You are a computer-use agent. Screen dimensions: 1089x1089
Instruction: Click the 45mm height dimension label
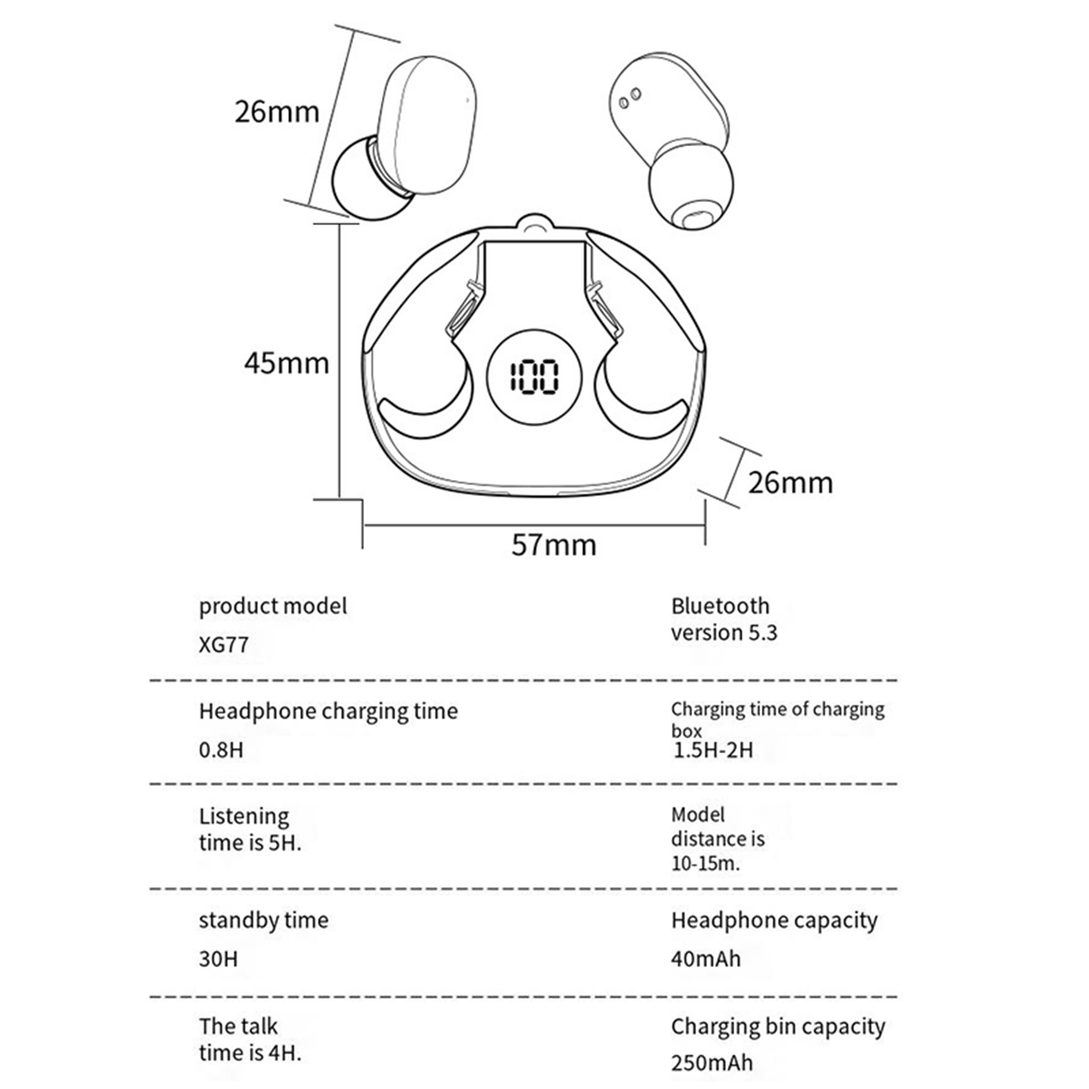(287, 363)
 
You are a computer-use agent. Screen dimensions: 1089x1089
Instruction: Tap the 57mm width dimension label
(553, 544)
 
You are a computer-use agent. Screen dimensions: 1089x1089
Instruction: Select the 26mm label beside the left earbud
(277, 112)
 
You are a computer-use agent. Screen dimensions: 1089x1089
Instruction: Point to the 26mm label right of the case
(790, 483)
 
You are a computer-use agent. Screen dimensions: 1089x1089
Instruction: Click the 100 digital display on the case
(534, 377)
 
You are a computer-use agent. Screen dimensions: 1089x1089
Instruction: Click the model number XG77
(223, 645)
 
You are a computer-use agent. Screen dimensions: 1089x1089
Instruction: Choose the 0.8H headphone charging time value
(221, 750)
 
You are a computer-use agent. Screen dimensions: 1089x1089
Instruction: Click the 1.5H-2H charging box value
(713, 750)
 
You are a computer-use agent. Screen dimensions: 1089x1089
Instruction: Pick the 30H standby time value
(218, 959)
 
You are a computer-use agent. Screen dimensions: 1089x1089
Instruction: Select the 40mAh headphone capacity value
(706, 959)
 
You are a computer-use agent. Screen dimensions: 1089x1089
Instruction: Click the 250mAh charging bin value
(712, 1062)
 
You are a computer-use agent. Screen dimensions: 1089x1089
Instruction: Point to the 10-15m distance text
(705, 864)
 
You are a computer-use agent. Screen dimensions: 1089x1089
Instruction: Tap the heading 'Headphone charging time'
(328, 711)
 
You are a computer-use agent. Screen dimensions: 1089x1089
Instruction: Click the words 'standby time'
(263, 920)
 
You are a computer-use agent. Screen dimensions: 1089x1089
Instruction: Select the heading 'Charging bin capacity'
(778, 1026)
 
